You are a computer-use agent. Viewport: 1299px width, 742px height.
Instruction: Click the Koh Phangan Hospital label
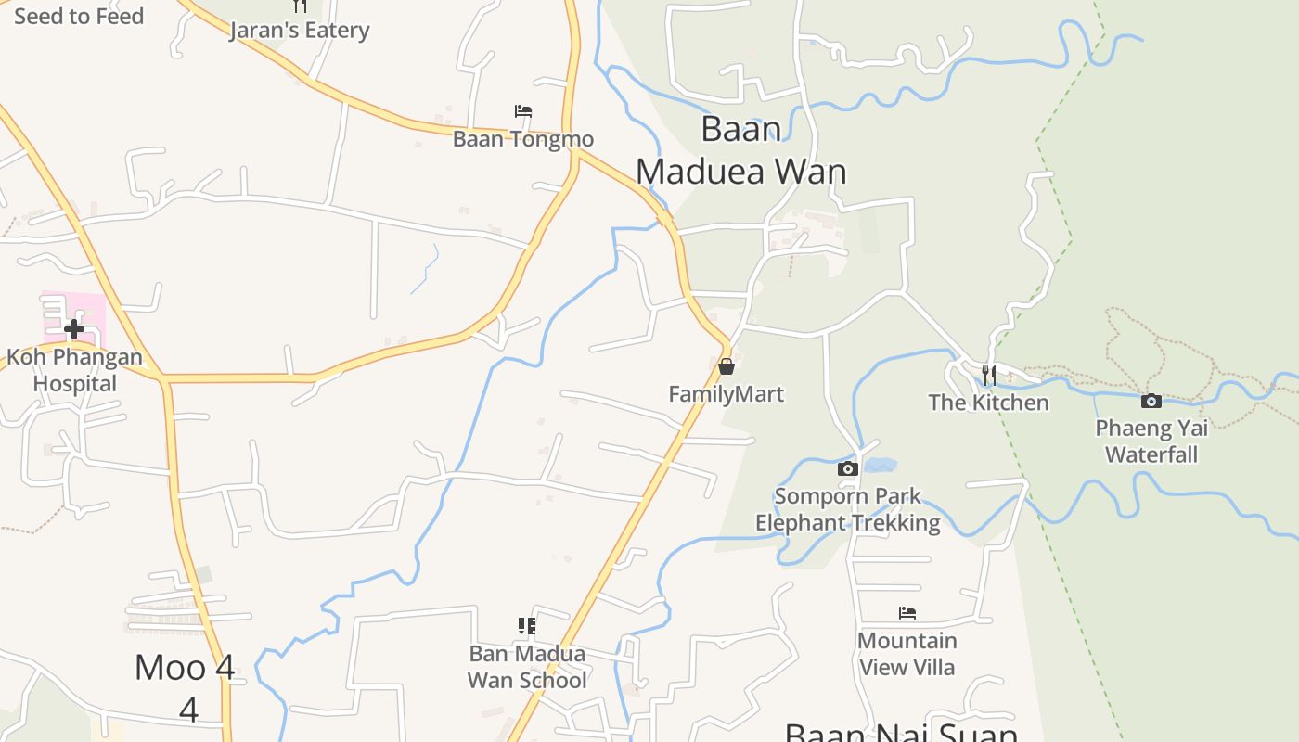pos(75,370)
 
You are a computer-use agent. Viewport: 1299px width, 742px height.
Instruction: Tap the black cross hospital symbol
pos(74,328)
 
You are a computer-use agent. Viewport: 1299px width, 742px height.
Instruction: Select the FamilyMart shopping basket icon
pos(727,366)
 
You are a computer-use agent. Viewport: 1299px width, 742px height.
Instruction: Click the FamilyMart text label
pos(727,394)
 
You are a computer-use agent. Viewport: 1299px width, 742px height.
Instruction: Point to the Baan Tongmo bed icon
pos(523,111)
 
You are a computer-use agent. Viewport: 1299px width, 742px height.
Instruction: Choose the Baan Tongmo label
pos(523,139)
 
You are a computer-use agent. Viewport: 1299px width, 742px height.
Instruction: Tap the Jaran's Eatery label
pos(300,31)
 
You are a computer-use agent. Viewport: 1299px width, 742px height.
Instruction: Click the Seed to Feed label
pos(79,16)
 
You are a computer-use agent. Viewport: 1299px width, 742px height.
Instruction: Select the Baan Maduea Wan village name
pos(741,150)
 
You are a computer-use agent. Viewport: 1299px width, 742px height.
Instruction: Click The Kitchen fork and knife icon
pos(989,375)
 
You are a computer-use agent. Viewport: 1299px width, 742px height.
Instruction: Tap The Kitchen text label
pos(989,403)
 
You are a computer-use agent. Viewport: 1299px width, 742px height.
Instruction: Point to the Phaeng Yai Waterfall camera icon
pos(1151,401)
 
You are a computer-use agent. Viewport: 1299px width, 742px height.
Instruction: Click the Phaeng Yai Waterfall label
pos(1151,441)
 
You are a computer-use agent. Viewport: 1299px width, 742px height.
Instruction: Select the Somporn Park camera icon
pos(847,468)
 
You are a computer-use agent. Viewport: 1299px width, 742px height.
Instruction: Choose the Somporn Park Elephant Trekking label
pos(847,509)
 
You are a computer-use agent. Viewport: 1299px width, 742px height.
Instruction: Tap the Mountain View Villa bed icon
pos(907,613)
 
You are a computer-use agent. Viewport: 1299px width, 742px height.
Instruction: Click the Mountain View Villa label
pos(907,654)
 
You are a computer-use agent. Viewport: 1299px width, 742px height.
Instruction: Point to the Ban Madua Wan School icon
pos(527,626)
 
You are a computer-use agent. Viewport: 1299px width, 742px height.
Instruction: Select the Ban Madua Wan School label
pos(527,667)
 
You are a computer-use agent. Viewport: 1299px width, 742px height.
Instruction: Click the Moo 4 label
pos(186,680)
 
